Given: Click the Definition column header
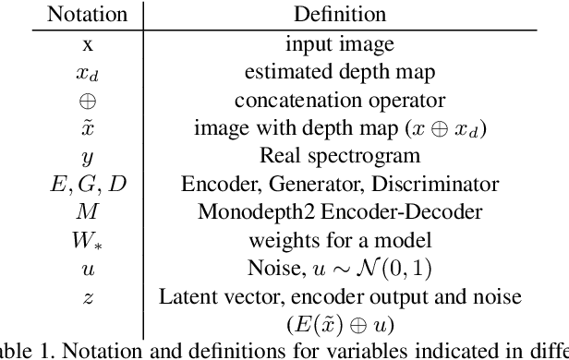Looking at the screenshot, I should [339, 15].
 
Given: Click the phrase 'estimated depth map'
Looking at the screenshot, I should [339, 71].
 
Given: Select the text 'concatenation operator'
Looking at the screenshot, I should [339, 100].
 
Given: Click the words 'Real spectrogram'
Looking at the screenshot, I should [339, 156].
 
